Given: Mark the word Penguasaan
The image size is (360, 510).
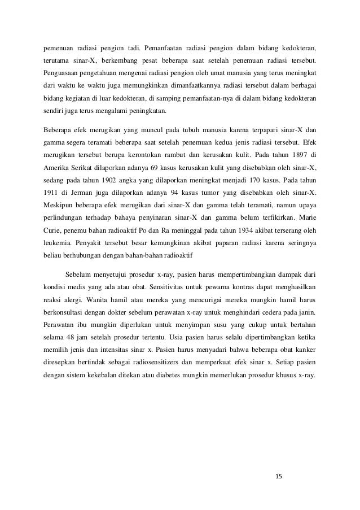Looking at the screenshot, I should point(65,73).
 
